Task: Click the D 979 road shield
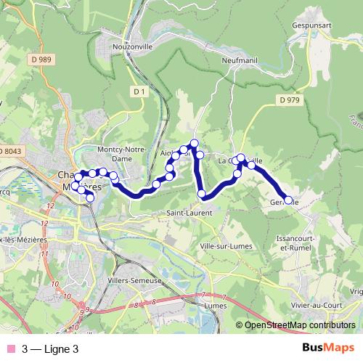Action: coord(289,99)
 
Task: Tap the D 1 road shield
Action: coord(140,91)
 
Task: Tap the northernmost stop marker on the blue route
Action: coord(194,142)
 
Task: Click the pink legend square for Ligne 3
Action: coord(9,348)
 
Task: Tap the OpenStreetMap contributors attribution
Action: coord(299,326)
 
